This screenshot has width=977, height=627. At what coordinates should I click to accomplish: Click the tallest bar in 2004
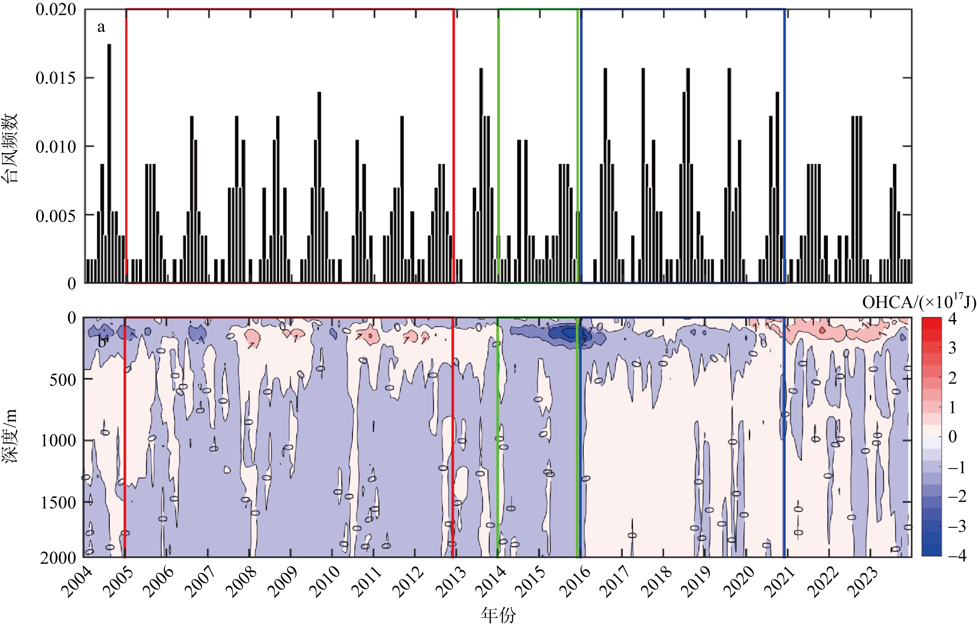tap(109, 163)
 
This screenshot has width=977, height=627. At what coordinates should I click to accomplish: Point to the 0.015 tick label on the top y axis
tap(56, 78)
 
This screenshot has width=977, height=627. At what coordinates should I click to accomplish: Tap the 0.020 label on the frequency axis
tap(56, 9)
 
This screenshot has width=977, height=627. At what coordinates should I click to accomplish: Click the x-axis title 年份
tap(498, 615)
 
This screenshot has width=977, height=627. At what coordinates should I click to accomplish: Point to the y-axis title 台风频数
tap(10, 147)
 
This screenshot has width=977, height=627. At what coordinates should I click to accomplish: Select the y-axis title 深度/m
tap(10, 436)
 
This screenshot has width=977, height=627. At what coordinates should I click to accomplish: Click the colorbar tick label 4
tap(952, 318)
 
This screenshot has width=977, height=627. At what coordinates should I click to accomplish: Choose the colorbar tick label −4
tap(957, 555)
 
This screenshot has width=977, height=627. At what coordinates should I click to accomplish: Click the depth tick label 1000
tap(58, 440)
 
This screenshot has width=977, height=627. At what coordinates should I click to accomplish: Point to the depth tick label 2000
tap(58, 558)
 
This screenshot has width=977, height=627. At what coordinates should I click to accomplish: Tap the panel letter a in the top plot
tap(101, 27)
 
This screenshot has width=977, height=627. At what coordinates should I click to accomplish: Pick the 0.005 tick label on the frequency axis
tap(56, 215)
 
